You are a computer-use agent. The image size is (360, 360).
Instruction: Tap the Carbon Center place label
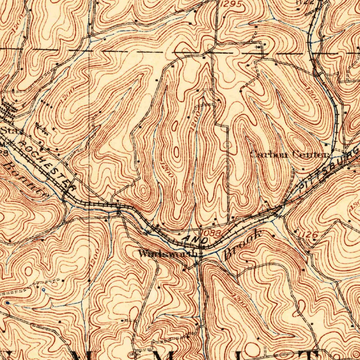click(290, 154)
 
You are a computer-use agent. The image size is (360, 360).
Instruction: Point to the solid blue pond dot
click(7, 302)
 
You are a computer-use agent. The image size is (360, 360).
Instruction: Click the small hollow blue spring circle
click(43, 290)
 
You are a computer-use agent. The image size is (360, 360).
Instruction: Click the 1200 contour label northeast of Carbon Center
click(312, 95)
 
